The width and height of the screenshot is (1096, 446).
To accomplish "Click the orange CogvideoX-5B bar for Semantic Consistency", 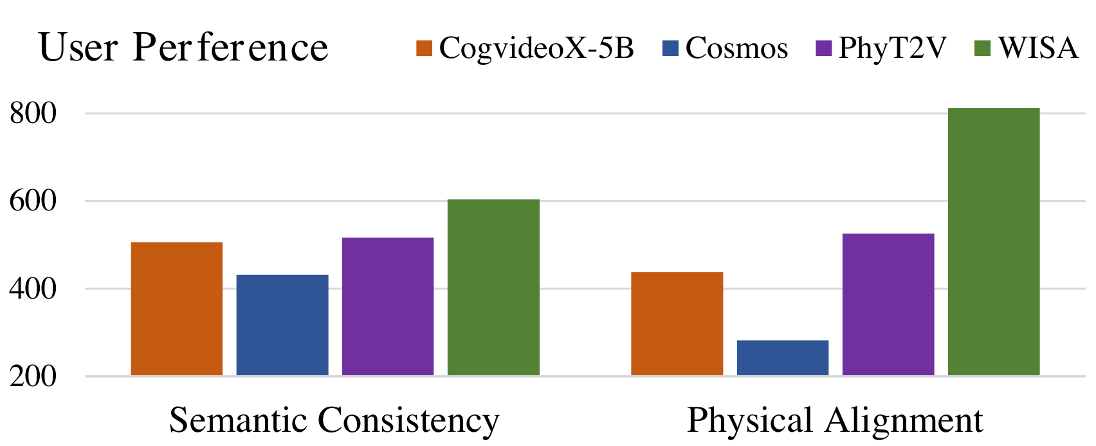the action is [177, 309].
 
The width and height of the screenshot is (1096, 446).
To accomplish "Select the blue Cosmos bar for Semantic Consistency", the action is [282, 325].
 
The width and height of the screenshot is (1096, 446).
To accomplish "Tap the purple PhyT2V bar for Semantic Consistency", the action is [388, 306].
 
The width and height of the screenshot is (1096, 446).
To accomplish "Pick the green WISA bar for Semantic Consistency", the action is [494, 288].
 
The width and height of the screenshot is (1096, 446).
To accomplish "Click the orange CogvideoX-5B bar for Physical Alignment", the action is [677, 324].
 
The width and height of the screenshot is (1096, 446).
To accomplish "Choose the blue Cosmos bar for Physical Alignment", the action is [783, 358].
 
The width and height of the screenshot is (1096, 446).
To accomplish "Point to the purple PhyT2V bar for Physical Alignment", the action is [888, 304].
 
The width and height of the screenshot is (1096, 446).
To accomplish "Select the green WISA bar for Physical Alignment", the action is [994, 242].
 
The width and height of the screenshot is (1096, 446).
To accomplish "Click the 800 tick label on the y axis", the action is [33, 113].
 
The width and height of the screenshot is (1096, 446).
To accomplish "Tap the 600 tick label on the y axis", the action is [33, 201].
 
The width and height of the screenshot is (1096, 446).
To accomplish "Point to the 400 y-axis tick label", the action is [33, 289].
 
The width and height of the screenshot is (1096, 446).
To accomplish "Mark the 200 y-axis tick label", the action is [33, 376].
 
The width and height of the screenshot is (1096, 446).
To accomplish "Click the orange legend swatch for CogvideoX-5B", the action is [425, 48].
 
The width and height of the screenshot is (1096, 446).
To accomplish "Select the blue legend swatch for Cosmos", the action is [670, 48].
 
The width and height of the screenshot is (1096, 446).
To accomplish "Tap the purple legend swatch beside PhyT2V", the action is [824, 48].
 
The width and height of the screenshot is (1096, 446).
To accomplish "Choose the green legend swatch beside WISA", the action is [983, 48].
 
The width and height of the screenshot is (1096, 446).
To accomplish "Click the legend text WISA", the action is [1038, 48].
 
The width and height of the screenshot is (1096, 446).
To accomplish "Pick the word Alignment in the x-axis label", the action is [903, 421].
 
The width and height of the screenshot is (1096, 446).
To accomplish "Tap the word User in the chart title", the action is [78, 47].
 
